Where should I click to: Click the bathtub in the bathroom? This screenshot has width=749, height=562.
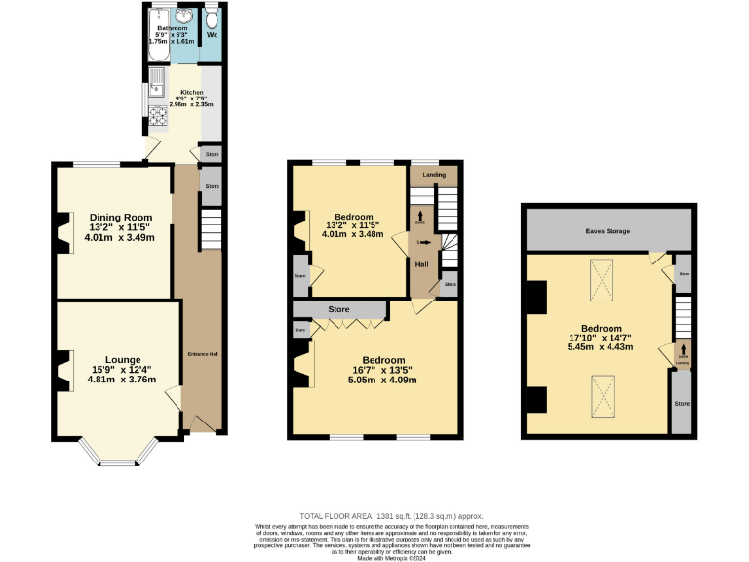pyautogui.click(x=157, y=29)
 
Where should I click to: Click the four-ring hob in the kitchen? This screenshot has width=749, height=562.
pyautogui.click(x=158, y=117)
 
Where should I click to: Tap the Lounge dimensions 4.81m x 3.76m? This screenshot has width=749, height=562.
pyautogui.click(x=115, y=381)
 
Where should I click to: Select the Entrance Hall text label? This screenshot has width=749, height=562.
pyautogui.click(x=202, y=354)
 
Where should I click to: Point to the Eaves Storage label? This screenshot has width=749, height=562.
pyautogui.click(x=607, y=231)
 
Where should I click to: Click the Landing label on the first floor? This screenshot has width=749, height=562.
pyautogui.click(x=434, y=175)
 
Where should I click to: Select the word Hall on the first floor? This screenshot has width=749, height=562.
pyautogui.click(x=422, y=264)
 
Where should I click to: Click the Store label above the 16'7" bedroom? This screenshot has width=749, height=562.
pyautogui.click(x=338, y=309)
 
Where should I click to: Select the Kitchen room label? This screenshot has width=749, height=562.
pyautogui.click(x=191, y=92)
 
